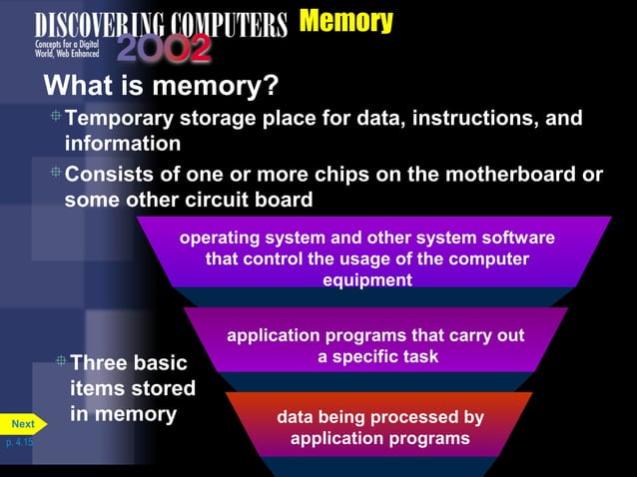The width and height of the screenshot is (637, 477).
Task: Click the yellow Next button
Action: tap(22, 424)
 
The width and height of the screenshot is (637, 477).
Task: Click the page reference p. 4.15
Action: tap(18, 441)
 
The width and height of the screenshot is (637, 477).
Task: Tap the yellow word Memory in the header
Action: tap(345, 21)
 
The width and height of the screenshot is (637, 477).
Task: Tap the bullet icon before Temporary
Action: tap(56, 118)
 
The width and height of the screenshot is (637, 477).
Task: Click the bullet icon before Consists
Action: tap(56, 173)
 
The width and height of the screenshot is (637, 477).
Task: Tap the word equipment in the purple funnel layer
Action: tap(366, 280)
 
